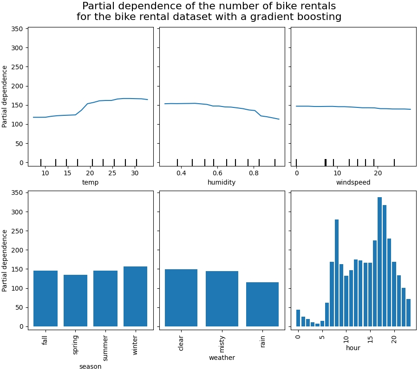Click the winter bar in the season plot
pyautogui.click(x=135, y=296)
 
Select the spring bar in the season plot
pyautogui.click(x=75, y=300)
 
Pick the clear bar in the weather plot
pyautogui.click(x=181, y=298)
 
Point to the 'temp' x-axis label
pyautogui.click(x=90, y=182)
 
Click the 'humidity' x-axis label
pyautogui.click(x=222, y=182)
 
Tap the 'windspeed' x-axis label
pyautogui.click(x=353, y=182)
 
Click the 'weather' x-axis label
pyautogui.click(x=222, y=358)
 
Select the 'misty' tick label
pyautogui.click(x=222, y=345)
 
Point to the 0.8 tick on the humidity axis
pyautogui.click(x=254, y=173)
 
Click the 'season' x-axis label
pyautogui.click(x=90, y=366)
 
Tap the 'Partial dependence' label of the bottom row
pyautogui.click(x=5, y=260)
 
